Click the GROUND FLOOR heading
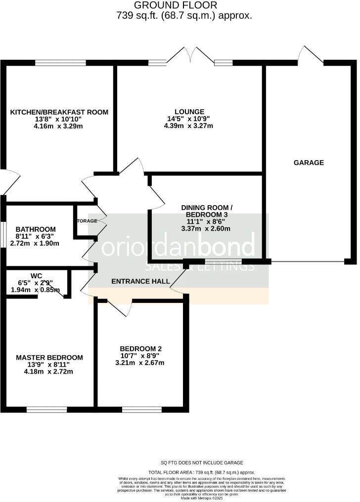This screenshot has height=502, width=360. coord(176,5)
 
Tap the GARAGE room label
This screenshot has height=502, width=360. coord(309,163)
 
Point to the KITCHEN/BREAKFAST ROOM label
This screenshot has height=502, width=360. coord(59,112)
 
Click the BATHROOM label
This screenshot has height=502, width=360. coord(36,229)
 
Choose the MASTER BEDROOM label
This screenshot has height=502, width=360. coord(49,357)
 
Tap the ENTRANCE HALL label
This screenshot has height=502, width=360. coord(140,282)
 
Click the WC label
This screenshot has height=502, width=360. coord(36,275)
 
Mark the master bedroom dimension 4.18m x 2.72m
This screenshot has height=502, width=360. coord(49,372)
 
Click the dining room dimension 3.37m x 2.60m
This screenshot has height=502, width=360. coord(206,229)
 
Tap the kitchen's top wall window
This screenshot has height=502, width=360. coord(61,63)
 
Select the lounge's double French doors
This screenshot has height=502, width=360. coord(191,57)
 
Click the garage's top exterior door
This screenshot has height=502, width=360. coord(311,55)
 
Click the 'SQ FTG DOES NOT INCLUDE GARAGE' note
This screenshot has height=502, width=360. coord(202,462)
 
